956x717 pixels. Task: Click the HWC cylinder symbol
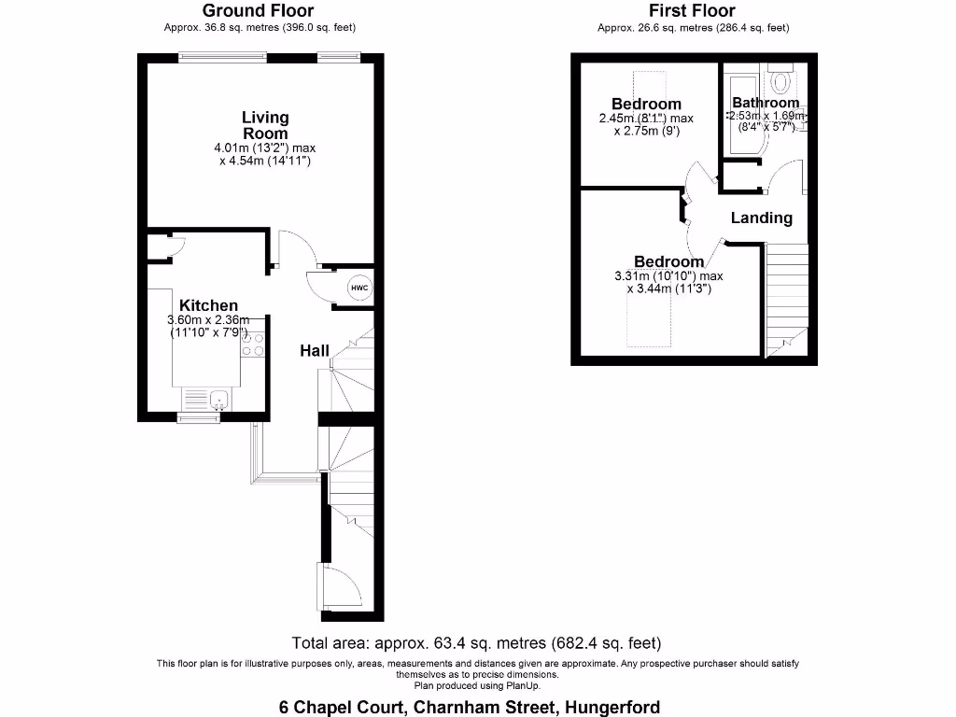point(359,288)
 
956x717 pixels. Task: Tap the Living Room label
point(265,125)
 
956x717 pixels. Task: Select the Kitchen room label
point(208,305)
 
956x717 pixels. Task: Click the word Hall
point(314,351)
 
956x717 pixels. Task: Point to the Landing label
point(761,218)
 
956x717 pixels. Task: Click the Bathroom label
point(766,103)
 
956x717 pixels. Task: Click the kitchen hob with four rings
point(252,345)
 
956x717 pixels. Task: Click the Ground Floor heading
point(260,11)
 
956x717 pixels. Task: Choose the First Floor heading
point(693,11)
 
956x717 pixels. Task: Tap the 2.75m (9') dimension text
point(646,132)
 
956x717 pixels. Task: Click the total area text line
point(477,642)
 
